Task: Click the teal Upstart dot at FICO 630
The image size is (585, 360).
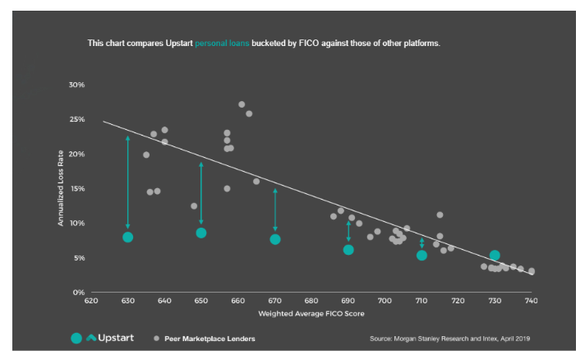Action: coord(127,237)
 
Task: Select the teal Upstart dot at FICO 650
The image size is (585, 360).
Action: coord(201,233)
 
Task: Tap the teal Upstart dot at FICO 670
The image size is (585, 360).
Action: coord(275,239)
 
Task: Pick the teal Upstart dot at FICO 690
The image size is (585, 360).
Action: coord(348,249)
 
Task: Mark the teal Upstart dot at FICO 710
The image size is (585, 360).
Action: coord(421,255)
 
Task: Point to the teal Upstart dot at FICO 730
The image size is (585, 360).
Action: coord(495,256)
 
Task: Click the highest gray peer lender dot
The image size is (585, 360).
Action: coord(242,104)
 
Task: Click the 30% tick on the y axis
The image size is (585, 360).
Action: coord(76,85)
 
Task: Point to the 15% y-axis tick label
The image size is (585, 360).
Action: coord(76,188)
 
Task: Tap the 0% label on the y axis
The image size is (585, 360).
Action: coord(78,292)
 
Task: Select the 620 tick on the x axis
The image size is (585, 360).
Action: coord(91,302)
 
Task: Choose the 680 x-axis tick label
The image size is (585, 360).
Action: coord(311,302)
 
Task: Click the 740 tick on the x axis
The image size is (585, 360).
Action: coord(532,302)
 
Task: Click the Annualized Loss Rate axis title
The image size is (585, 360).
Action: coord(60,189)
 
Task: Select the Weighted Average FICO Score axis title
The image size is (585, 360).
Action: coord(311,313)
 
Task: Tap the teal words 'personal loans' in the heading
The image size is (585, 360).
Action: coord(222,42)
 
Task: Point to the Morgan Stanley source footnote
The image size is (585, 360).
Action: coord(457,338)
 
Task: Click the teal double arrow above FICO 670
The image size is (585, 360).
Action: coord(275,210)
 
